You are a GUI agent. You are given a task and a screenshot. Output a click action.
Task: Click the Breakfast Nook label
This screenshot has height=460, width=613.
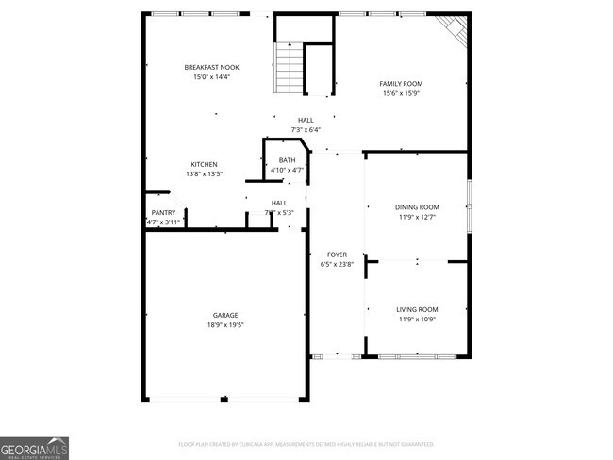coord(207,67)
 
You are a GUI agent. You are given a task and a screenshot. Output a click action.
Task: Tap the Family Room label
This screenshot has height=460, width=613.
coord(401,84)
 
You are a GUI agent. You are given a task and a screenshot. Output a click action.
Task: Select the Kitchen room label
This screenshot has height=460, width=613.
coord(205,164)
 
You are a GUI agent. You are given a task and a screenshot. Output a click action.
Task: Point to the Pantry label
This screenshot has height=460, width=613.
coord(163,213)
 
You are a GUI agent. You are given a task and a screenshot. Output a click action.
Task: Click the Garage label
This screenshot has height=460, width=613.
coord(224,315)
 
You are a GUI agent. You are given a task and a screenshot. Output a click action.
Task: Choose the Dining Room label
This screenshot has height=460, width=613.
coord(417,207)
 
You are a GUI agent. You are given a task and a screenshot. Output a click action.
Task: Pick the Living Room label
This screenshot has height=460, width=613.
coord(417,309)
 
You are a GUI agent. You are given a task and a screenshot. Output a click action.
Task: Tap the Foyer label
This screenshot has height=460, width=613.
coord(337,255)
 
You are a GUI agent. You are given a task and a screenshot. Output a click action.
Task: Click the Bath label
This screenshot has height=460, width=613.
coord(287,160)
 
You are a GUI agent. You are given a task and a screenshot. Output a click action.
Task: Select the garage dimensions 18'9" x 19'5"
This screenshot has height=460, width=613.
coord(224,324)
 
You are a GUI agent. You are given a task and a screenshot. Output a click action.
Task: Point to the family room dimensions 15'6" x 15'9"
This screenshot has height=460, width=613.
coord(401,93)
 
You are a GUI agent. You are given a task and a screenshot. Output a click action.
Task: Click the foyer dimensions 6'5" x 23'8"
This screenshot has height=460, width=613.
coord(337,264)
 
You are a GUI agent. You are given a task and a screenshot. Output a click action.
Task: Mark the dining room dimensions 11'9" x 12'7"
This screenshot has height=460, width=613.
coord(417,217)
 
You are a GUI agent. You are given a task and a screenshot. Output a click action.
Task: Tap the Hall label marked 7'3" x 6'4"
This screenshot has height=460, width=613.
coord(306,120)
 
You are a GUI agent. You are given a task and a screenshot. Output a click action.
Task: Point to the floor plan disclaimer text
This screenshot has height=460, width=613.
coord(306,443)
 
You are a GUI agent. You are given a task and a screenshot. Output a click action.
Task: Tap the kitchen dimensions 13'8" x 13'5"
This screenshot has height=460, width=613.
coord(205,173)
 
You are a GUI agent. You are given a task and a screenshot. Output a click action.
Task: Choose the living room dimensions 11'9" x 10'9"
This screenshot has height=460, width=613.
coord(417,319)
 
